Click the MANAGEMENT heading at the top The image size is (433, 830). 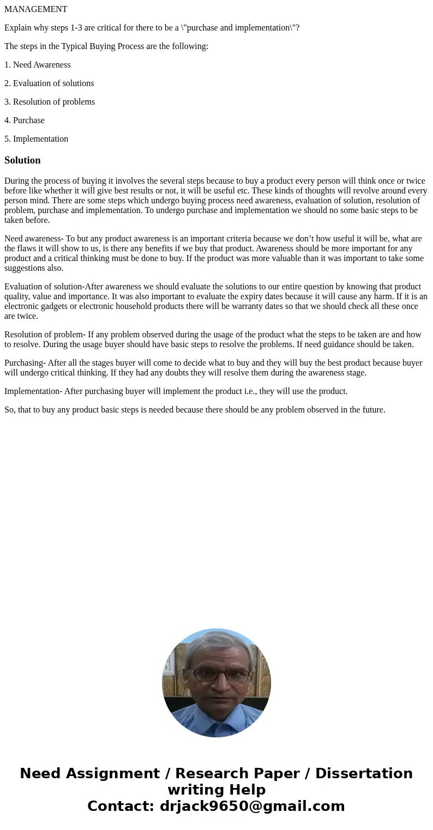[36, 9]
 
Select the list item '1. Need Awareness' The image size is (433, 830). [38, 65]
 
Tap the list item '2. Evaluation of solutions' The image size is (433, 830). [49, 83]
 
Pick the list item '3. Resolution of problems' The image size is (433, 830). [50, 102]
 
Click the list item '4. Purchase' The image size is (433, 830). [25, 120]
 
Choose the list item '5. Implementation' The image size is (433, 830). [37, 139]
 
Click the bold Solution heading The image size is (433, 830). [22, 160]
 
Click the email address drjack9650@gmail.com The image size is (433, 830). [252, 806]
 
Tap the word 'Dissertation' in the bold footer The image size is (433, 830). [364, 773]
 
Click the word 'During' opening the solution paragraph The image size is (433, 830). [17, 181]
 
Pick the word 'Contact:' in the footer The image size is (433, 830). [121, 806]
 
